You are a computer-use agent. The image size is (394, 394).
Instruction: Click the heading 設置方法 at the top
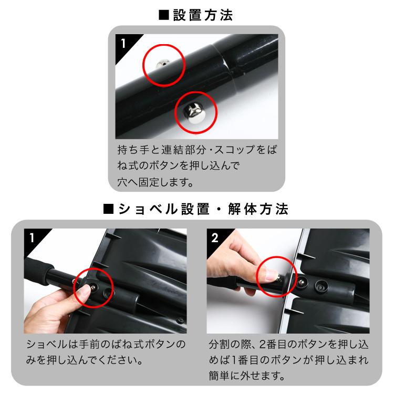tap(203, 15)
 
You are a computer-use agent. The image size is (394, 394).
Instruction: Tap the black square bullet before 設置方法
tap(164, 15)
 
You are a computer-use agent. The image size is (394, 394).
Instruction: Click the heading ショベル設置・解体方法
tap(203, 209)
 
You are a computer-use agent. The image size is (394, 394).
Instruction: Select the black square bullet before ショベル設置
tap(108, 209)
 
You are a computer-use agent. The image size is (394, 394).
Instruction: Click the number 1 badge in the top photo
tap(123, 44)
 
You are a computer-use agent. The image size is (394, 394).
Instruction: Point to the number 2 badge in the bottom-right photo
tap(214, 237)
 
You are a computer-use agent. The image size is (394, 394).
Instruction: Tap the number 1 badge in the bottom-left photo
tap(32, 237)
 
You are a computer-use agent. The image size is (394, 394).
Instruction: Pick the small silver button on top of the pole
tap(161, 64)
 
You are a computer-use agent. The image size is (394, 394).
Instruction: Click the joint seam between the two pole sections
tap(227, 68)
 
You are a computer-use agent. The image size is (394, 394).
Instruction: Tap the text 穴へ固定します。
tap(155, 182)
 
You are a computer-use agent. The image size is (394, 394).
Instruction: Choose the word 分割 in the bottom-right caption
tap(219, 345)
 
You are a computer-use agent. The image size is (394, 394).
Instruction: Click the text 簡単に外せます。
tap(247, 376)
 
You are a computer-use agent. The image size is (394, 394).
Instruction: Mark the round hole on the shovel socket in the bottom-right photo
tap(321, 286)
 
